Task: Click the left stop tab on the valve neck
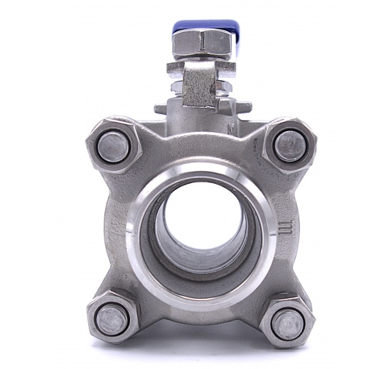pyautogui.click(x=161, y=109)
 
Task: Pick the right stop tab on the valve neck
pyautogui.click(x=243, y=108)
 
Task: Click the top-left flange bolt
pyautogui.click(x=112, y=145)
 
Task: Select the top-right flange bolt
pyautogui.click(x=290, y=145)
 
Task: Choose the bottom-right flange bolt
pyautogui.click(x=288, y=323)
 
